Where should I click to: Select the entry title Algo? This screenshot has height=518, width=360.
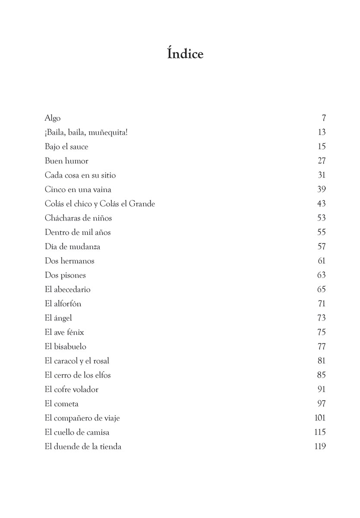point(53,118)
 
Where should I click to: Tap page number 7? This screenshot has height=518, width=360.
point(324,118)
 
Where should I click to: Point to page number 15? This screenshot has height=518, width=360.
point(322,147)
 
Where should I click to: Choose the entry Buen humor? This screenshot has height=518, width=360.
point(66,161)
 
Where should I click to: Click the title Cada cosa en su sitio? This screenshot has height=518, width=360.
point(80,175)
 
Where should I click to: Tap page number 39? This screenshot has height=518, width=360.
point(321,190)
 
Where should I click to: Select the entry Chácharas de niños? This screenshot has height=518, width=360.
point(78,218)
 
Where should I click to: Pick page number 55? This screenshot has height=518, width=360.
point(321,232)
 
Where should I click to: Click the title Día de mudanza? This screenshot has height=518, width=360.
point(73,246)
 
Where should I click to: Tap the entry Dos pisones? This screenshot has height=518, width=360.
point(65,275)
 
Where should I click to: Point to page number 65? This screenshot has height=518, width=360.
point(321,289)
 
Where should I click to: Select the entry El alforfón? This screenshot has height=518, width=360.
point(63,303)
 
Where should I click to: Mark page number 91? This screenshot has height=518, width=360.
point(322,389)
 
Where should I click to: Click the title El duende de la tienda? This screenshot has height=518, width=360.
point(83,446)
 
